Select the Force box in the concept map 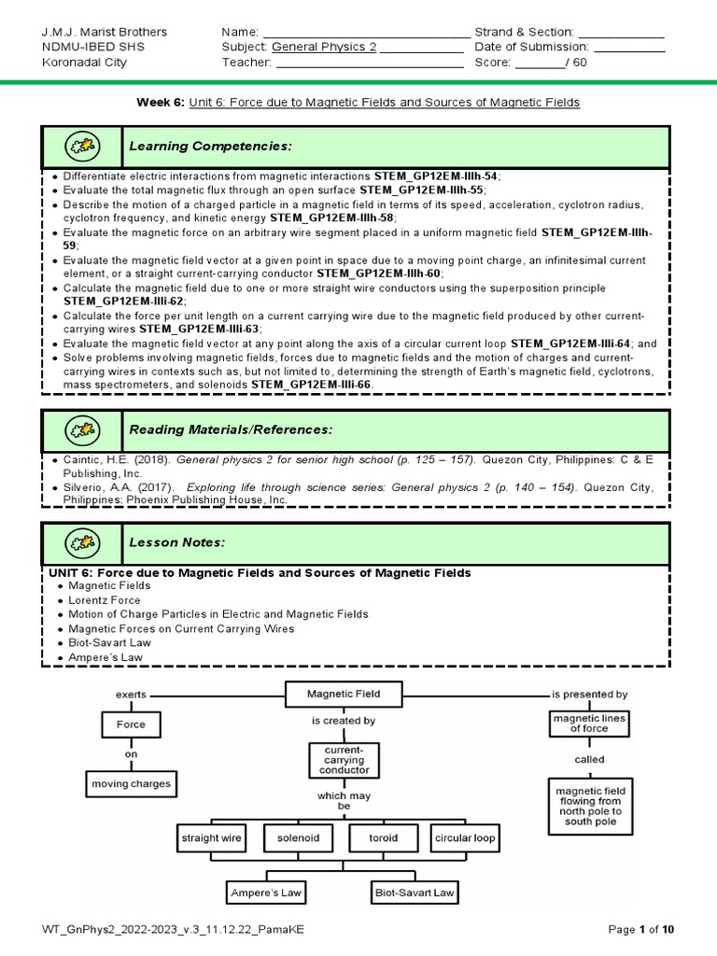[x=131, y=724]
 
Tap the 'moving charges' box [x=131, y=784]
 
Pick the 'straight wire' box [x=212, y=837]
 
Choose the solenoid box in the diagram [x=298, y=837]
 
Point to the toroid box [x=383, y=837]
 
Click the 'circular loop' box [x=465, y=837]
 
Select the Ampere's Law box [x=266, y=893]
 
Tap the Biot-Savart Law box [x=414, y=893]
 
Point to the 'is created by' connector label [x=344, y=721]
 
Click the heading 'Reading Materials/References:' [x=230, y=429]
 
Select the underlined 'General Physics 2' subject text [x=324, y=47]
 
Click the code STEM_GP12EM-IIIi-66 [x=311, y=384]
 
